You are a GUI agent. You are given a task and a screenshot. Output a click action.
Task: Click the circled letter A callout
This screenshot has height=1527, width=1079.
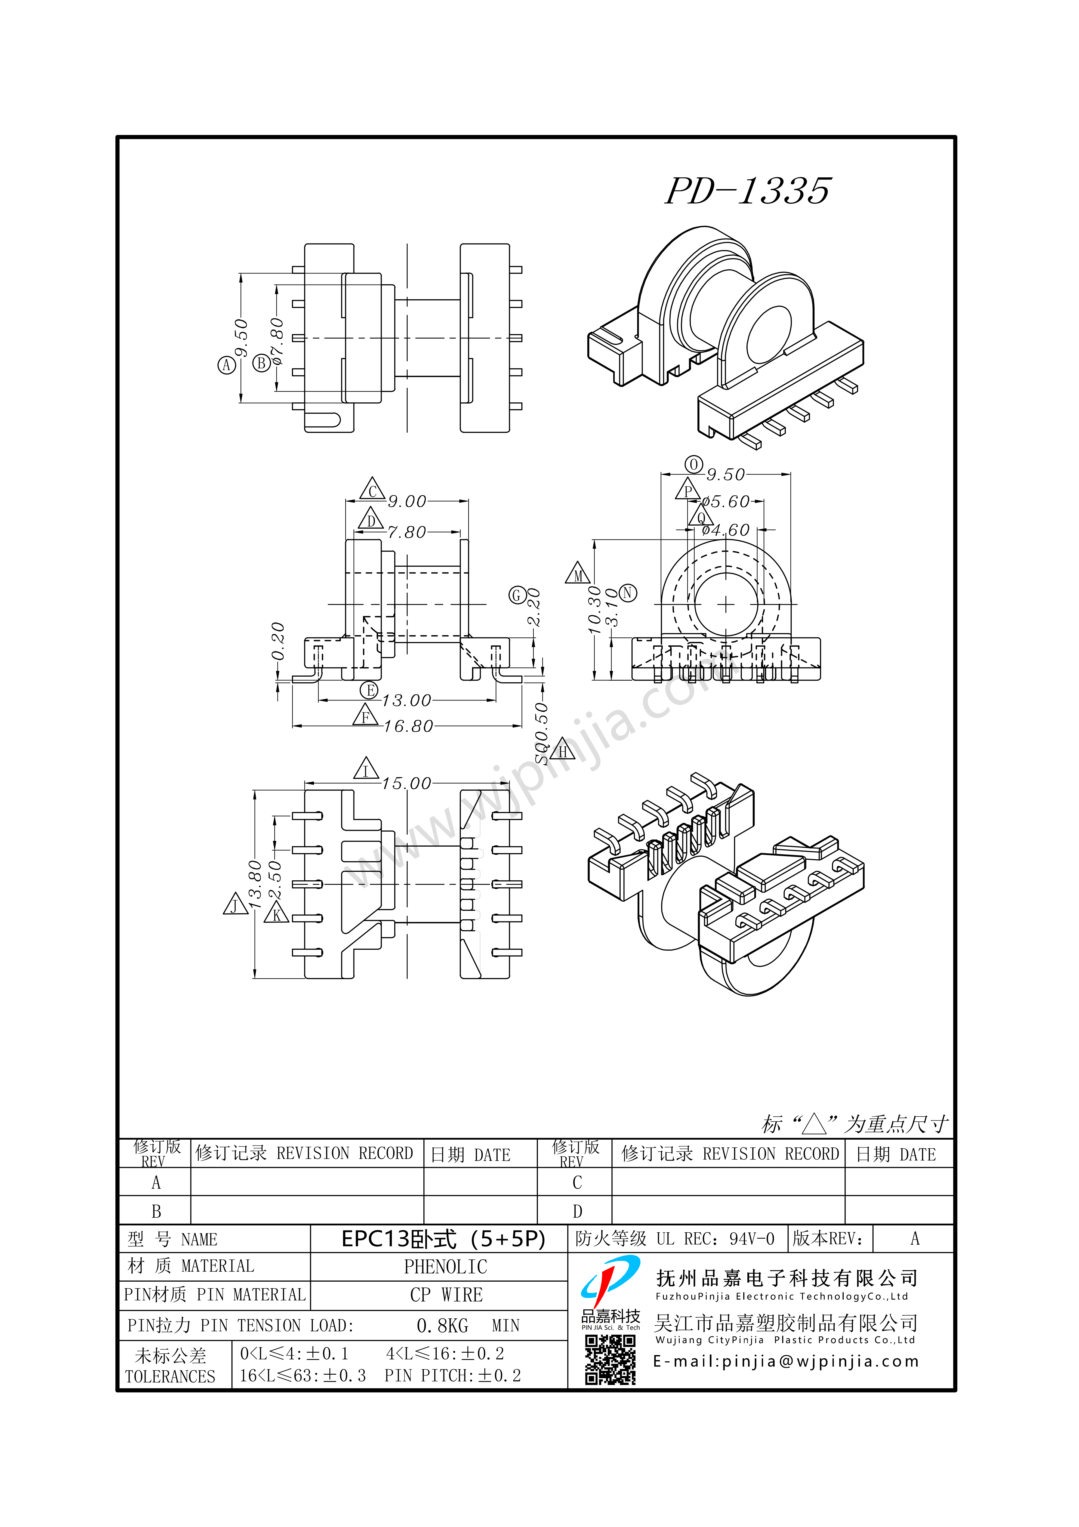(x=227, y=365)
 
